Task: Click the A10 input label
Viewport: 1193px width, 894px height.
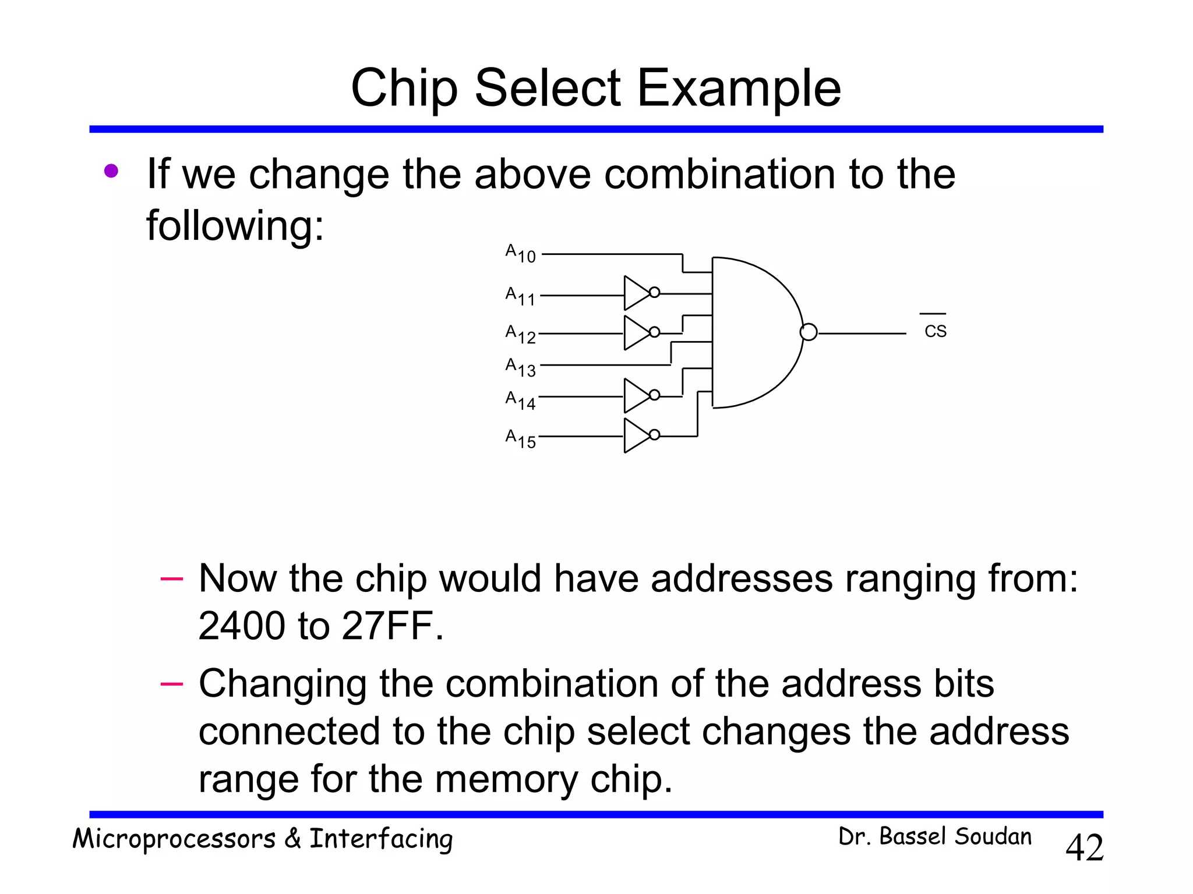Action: [x=520, y=254]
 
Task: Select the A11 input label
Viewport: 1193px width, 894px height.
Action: [x=520, y=296]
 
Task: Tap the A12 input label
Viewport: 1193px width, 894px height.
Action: [x=520, y=334]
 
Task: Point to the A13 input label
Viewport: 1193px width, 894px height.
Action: [x=520, y=367]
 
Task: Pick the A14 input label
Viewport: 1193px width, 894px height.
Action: [x=520, y=400]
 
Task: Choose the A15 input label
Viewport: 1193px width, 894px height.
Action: [x=520, y=438]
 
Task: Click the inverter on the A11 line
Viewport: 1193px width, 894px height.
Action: [x=639, y=293]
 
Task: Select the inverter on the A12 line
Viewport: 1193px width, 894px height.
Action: [x=639, y=332]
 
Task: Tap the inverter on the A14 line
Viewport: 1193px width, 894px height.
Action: [x=639, y=395]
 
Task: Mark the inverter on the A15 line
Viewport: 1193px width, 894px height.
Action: [x=639, y=435]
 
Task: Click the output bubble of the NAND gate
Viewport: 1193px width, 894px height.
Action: [x=809, y=332]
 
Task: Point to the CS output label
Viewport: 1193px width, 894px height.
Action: [x=935, y=331]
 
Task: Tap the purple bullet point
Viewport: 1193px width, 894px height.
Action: [x=111, y=171]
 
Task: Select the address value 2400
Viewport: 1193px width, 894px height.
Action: [x=242, y=626]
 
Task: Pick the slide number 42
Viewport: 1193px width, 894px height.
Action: [x=1084, y=847]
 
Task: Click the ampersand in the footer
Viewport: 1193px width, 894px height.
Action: [x=292, y=839]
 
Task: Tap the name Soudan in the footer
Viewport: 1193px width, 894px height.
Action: [x=993, y=836]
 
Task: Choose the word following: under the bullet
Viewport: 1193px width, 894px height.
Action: [x=234, y=225]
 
